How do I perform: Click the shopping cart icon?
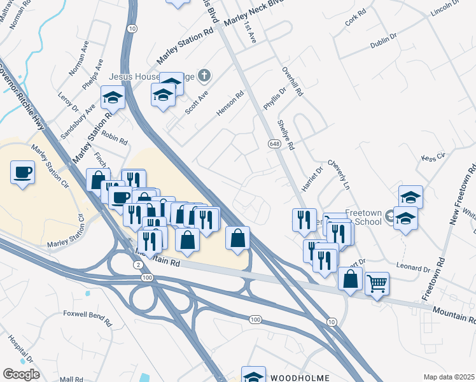tap(377, 282)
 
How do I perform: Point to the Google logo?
tap(21, 374)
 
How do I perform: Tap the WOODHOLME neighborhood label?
tap(300, 378)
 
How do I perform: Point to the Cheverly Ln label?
tap(339, 175)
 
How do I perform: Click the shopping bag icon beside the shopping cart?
tap(351, 279)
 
